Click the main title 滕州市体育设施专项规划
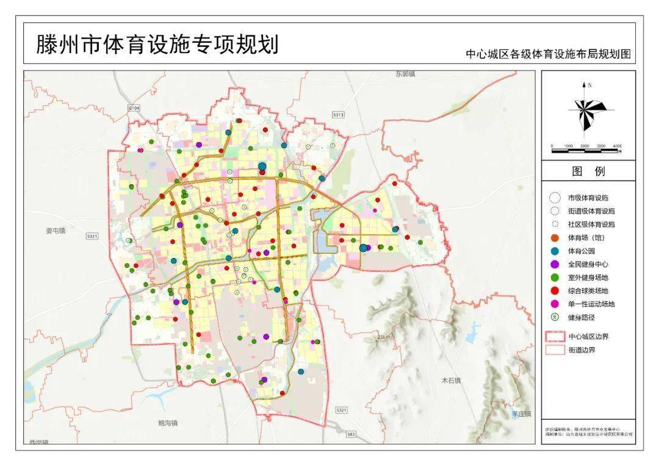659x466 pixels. pyautogui.click(x=157, y=45)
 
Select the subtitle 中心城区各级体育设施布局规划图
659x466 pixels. pyautogui.click(x=548, y=54)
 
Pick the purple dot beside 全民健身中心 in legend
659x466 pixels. pyautogui.click(x=555, y=264)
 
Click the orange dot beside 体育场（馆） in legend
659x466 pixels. pyautogui.click(x=555, y=237)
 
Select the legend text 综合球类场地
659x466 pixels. pyautogui.click(x=588, y=290)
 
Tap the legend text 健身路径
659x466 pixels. pyautogui.click(x=581, y=317)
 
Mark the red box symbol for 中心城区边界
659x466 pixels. pyautogui.click(x=555, y=336)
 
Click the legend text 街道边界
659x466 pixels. pyautogui.click(x=581, y=350)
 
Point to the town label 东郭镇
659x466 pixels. pyautogui.click(x=405, y=74)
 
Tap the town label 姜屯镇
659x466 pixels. pyautogui.click(x=55, y=231)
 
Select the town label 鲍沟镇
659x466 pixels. pyautogui.click(x=167, y=422)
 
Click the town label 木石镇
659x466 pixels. pyautogui.click(x=451, y=380)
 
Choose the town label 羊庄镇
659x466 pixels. pyautogui.click(x=522, y=414)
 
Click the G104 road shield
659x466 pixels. pyautogui.click(x=134, y=107)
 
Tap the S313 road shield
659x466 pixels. pyautogui.click(x=339, y=114)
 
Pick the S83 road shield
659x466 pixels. pyautogui.click(x=350, y=434)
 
